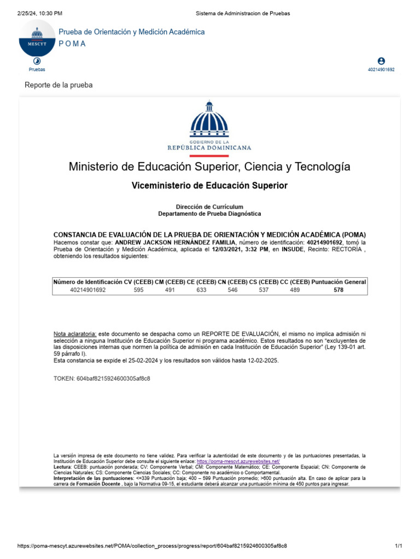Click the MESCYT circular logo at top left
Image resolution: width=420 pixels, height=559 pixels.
click(37, 38)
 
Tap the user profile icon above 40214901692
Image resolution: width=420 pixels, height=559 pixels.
click(381, 61)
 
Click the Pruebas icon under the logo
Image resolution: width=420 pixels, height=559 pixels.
click(37, 62)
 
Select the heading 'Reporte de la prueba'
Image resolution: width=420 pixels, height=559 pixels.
click(59, 85)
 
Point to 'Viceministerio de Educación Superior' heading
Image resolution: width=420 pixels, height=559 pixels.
click(209, 186)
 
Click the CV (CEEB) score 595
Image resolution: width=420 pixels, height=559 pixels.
click(138, 290)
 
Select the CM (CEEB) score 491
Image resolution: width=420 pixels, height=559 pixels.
click(170, 290)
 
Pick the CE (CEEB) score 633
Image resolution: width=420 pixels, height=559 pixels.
click(201, 290)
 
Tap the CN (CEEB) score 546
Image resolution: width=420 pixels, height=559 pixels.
click(232, 290)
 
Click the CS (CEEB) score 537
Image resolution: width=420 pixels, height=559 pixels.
click(264, 290)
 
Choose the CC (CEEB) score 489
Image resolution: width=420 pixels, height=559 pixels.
click(295, 290)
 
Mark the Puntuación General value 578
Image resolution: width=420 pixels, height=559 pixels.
click(339, 290)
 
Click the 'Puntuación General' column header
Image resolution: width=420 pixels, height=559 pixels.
click(339, 282)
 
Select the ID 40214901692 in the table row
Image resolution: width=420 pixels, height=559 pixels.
click(87, 290)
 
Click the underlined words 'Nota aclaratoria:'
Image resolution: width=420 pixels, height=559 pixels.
click(75, 333)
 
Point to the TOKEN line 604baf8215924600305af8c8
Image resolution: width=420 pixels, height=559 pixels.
click(102, 378)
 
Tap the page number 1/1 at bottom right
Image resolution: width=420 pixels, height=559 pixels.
click(398, 546)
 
